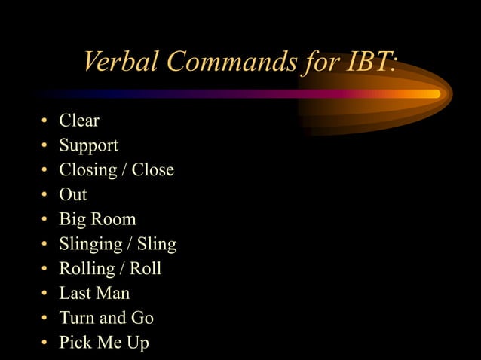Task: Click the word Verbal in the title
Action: (121, 62)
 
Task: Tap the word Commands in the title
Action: (231, 62)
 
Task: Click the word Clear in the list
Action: (79, 121)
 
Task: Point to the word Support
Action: (89, 145)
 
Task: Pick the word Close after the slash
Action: (153, 169)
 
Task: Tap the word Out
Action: (73, 194)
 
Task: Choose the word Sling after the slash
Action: (156, 244)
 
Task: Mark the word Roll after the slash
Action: (146, 269)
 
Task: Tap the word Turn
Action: (77, 318)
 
